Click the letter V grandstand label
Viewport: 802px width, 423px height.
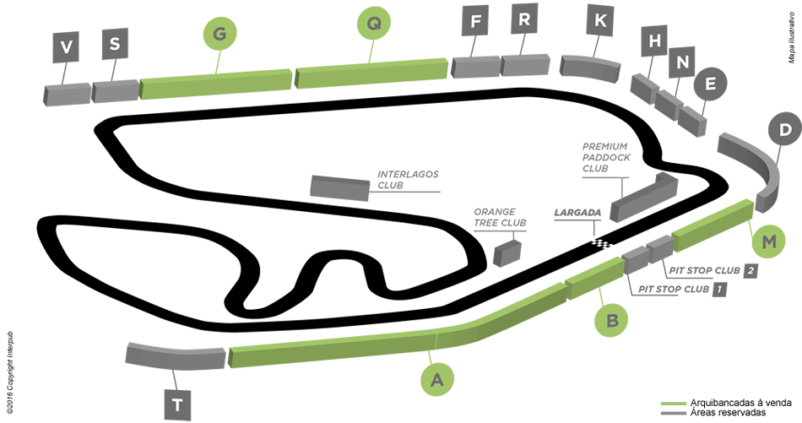pyautogui.click(x=67, y=48)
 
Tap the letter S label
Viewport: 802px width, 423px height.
pyautogui.click(x=115, y=43)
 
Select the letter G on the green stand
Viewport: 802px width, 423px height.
pyautogui.click(x=219, y=34)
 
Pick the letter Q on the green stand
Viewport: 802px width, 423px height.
pyautogui.click(x=373, y=24)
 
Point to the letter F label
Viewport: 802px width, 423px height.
pyautogui.click(x=475, y=22)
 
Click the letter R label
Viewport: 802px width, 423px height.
pyautogui.click(x=524, y=19)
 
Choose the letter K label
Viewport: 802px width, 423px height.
pyautogui.click(x=600, y=21)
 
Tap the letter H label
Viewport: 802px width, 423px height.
pyautogui.click(x=654, y=41)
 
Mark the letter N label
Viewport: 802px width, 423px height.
pyautogui.click(x=682, y=62)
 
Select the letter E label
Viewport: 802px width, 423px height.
pyautogui.click(x=710, y=84)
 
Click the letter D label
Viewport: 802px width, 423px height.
pyautogui.click(x=785, y=130)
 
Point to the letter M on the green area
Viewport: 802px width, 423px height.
pyautogui.click(x=768, y=242)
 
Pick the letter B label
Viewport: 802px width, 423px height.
pyautogui.click(x=613, y=320)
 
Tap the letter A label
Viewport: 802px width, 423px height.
pyautogui.click(x=436, y=381)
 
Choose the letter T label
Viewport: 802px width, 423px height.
pyautogui.click(x=176, y=405)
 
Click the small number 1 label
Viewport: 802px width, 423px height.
pyautogui.click(x=718, y=290)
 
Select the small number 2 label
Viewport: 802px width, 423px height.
pyautogui.click(x=749, y=271)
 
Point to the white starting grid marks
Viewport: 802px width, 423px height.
pyautogui.click(x=603, y=245)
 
